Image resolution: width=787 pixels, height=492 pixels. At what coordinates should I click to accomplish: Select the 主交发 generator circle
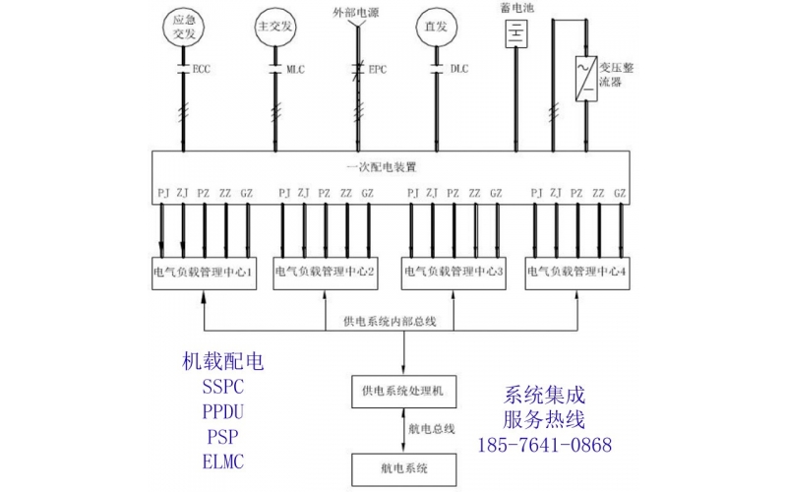click(274, 26)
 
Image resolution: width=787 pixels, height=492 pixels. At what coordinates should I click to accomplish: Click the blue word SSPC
click(224, 387)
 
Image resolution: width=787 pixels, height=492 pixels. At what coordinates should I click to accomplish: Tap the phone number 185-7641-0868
click(544, 445)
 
